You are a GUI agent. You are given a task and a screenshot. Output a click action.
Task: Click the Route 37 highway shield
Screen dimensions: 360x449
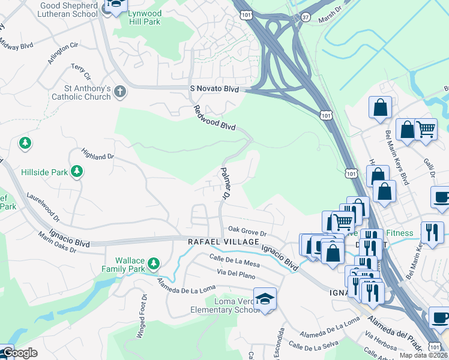pyautogui.click(x=306, y=17)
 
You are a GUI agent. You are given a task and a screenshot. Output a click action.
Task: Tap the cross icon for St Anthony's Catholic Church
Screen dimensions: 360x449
pyautogui.click(x=120, y=92)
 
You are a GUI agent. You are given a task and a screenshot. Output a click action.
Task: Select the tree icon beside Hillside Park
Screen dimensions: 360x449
pyautogui.click(x=77, y=172)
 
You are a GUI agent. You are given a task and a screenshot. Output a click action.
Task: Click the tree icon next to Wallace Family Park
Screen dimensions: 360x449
pyautogui.click(x=154, y=263)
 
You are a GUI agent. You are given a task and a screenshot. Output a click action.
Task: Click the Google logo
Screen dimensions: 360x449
pyautogui.click(x=19, y=353)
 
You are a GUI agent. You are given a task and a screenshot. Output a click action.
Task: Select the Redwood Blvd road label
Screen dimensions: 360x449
pyautogui.click(x=214, y=118)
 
